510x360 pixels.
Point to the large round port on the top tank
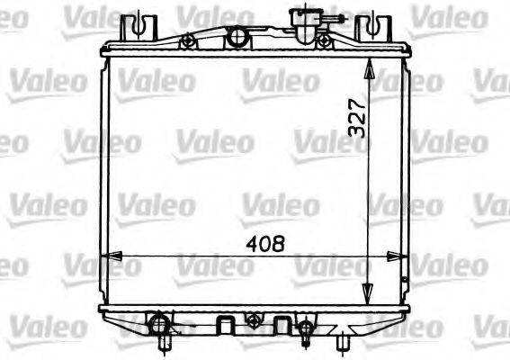(x=237, y=38)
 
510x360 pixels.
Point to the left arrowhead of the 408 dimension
(x=110, y=256)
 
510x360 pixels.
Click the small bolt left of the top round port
(x=188, y=42)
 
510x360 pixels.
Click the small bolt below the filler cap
(x=324, y=41)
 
